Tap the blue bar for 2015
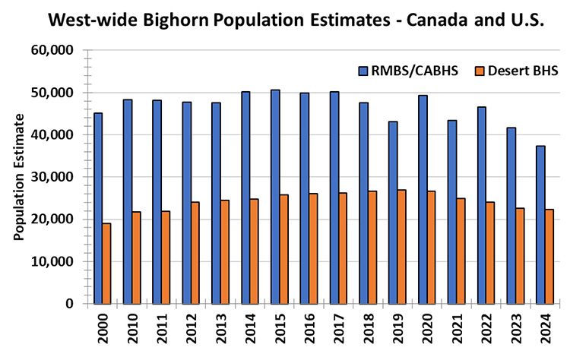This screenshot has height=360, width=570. (274, 197)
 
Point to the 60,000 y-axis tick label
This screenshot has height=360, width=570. (55, 51)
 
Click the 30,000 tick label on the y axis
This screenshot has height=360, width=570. (55, 177)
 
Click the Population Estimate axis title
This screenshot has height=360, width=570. (19, 177)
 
